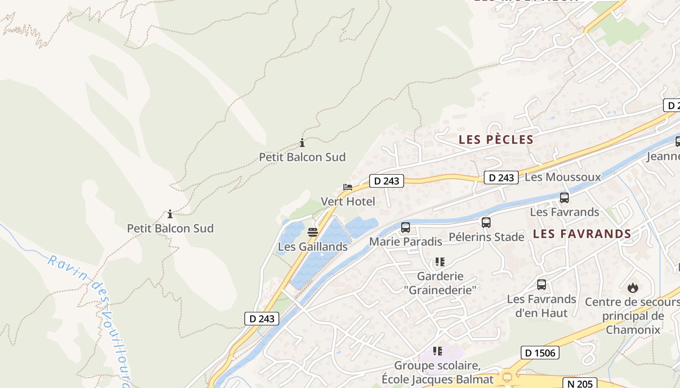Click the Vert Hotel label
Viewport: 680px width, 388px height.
pyautogui.click(x=348, y=201)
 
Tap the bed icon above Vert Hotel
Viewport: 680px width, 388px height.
pyautogui.click(x=347, y=187)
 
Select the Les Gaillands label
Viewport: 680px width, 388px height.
pyautogui.click(x=312, y=247)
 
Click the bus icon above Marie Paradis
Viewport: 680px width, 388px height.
pyautogui.click(x=406, y=227)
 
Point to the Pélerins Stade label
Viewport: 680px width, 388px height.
pyautogui.click(x=486, y=237)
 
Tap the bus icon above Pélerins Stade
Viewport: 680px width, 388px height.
pyautogui.click(x=486, y=223)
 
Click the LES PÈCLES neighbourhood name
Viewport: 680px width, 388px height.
pyautogui.click(x=496, y=140)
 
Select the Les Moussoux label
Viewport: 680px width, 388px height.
pyautogui.click(x=562, y=177)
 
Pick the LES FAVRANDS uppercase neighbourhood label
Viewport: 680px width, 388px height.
pyautogui.click(x=581, y=234)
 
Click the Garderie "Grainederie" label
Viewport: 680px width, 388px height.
pyautogui.click(x=440, y=283)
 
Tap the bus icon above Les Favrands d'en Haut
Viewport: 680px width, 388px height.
pyautogui.click(x=542, y=285)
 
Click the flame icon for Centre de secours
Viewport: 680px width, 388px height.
pyautogui.click(x=632, y=288)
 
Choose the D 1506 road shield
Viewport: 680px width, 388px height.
pyautogui.click(x=540, y=353)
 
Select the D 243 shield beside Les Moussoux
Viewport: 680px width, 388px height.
pyautogui.click(x=501, y=178)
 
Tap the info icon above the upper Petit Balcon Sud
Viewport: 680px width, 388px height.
pyautogui.click(x=302, y=143)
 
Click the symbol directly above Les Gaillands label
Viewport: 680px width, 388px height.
pyautogui.click(x=313, y=232)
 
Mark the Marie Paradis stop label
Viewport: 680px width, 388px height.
pyautogui.click(x=406, y=242)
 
